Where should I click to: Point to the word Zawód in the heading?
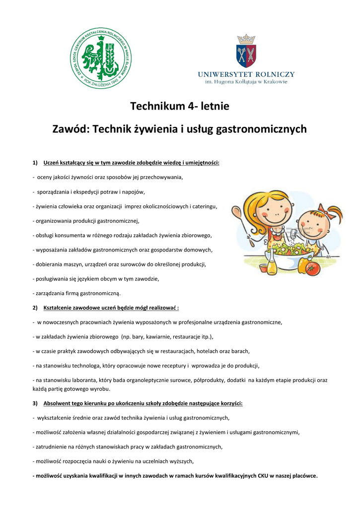pos(71,129)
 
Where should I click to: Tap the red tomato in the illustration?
pos(313,268)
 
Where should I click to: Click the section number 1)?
pos(35,163)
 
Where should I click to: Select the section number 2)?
pos(35,308)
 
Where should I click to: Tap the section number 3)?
pos(35,403)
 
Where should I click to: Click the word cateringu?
pos(202,206)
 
